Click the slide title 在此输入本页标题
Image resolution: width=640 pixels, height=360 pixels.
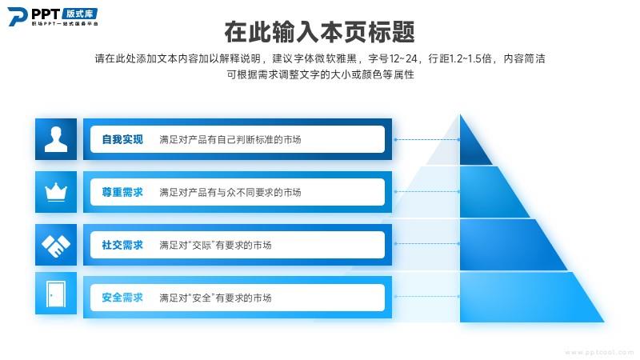(x=319, y=32)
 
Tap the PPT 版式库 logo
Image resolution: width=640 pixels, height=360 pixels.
(x=53, y=17)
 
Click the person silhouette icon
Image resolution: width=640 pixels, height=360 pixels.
(x=56, y=139)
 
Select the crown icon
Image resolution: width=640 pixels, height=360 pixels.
(x=56, y=192)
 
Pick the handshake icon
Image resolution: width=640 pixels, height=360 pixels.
(x=56, y=245)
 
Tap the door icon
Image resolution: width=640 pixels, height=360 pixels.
(x=56, y=294)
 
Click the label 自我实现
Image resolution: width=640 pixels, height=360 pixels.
(x=122, y=139)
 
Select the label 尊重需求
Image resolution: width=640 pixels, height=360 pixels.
(x=122, y=192)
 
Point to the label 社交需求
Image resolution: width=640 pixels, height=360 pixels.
(x=122, y=245)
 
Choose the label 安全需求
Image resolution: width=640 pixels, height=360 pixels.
(x=122, y=298)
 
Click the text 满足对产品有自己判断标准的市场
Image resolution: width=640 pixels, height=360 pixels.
(x=230, y=139)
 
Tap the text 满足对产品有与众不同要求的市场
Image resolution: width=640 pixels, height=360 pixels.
(x=230, y=192)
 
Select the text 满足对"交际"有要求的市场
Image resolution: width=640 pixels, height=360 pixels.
(x=215, y=245)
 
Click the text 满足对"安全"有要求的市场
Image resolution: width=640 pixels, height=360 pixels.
(x=215, y=298)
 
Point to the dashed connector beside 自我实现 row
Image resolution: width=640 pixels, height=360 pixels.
(x=427, y=139)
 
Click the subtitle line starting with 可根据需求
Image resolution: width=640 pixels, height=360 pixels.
(x=321, y=74)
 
